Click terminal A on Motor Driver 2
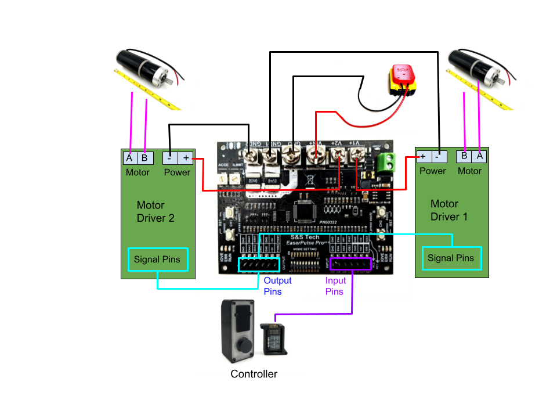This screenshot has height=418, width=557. coord(129,158)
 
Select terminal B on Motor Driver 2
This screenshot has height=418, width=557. coord(144,158)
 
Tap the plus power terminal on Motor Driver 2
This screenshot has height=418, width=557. coord(186,157)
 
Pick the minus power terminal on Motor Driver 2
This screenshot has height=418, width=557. coord(169,157)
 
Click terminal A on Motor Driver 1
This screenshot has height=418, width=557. coord(479,156)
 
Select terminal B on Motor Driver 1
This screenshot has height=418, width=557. coord(464,156)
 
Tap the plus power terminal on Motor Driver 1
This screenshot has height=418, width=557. coord(423,157)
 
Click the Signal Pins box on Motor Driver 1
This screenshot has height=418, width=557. coord(451,258)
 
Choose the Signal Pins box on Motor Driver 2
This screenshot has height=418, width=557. coord(157,260)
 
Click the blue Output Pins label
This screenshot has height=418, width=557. coord(277,286)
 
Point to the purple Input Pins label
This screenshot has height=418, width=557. coord(335,286)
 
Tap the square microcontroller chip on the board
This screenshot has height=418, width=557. coord(306,210)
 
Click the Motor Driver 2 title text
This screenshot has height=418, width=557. coord(155,212)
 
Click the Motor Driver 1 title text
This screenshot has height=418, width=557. coord(449,211)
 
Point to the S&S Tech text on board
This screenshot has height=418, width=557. coord(305,237)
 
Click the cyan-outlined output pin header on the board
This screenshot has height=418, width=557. coord(259,265)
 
